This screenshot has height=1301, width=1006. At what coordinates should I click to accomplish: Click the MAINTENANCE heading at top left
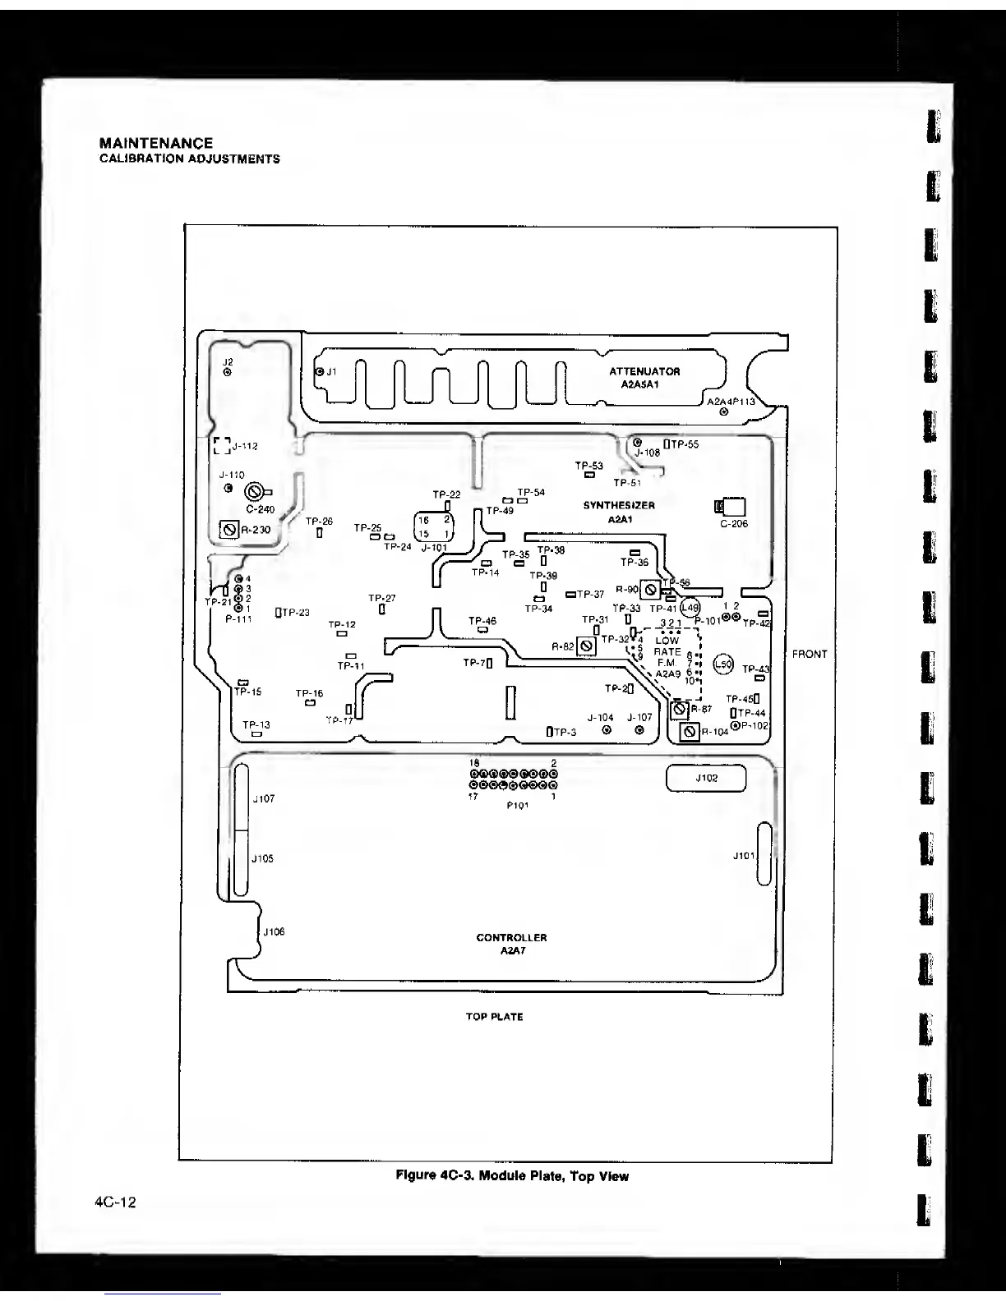(x=155, y=143)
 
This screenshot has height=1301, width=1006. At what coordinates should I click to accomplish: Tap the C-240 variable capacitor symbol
(x=254, y=492)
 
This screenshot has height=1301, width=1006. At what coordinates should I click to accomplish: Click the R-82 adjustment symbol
(x=586, y=646)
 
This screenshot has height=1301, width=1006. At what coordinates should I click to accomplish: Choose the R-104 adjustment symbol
(x=690, y=732)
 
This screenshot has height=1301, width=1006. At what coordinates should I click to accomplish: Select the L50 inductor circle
(x=722, y=664)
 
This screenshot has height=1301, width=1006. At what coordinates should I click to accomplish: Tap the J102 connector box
(x=706, y=778)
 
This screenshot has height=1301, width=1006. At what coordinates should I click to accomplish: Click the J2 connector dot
(x=228, y=371)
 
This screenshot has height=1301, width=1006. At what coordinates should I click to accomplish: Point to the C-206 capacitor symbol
(x=731, y=508)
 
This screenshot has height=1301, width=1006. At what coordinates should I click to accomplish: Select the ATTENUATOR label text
(x=644, y=371)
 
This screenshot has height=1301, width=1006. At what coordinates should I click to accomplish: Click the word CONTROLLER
(x=511, y=937)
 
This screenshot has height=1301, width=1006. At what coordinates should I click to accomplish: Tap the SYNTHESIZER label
(x=619, y=505)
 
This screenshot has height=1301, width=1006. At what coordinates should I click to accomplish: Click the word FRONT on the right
(x=810, y=654)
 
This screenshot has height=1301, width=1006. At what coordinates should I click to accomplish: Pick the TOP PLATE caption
(x=494, y=1017)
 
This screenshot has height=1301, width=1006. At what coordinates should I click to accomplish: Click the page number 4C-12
(x=115, y=1202)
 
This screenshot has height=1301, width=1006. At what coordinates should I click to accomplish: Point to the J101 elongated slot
(x=764, y=855)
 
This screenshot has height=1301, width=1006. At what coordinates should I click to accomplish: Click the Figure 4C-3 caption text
(x=512, y=1175)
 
